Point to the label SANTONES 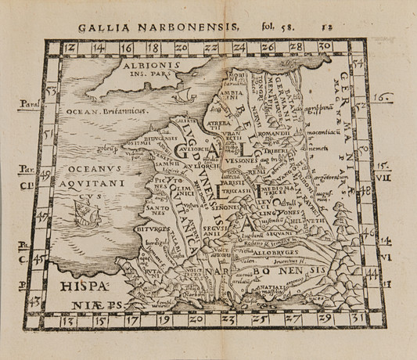(155, 207)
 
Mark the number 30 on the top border (312, 48)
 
